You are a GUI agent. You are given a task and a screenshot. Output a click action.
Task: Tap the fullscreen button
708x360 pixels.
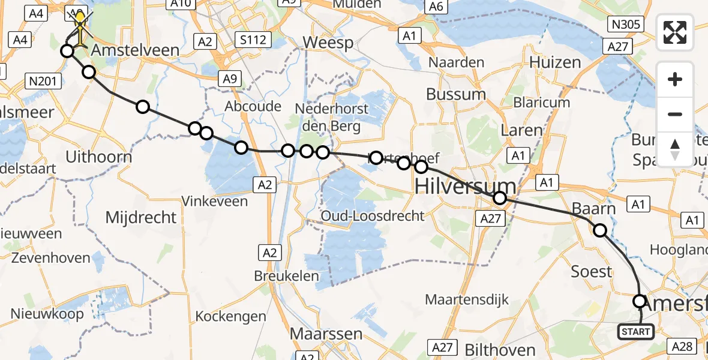point(675,32)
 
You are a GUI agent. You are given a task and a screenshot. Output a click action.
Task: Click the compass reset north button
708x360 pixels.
point(675,149)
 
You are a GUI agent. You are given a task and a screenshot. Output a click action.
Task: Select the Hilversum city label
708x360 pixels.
point(465,186)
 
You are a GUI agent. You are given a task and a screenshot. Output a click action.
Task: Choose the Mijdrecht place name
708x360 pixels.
point(141,217)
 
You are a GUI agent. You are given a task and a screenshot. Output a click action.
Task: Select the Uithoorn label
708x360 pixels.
point(98,157)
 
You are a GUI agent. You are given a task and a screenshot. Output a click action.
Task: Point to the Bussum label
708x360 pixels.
point(456,94)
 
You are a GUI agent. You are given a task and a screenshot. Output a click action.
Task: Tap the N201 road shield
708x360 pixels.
point(44,80)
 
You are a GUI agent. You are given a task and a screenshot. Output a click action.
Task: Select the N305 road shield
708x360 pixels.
point(625,25)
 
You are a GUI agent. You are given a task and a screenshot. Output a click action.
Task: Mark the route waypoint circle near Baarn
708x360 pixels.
point(599,230)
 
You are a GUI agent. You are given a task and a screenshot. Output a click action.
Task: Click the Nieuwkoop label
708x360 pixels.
point(45,314)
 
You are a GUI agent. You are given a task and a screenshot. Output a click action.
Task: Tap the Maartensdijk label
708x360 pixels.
point(467,298)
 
